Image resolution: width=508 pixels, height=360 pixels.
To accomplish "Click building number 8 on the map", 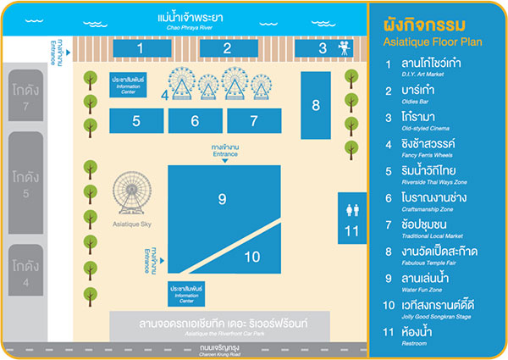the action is [x=316, y=105].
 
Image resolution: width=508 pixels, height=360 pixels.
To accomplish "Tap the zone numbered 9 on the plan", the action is [x=222, y=200].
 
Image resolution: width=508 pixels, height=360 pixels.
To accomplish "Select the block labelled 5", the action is [x=135, y=121].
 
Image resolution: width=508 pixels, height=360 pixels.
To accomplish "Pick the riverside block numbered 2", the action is [x=228, y=48].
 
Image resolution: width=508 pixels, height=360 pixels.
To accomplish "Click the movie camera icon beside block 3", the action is [x=345, y=48].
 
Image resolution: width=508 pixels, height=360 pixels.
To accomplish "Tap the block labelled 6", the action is [x=195, y=121].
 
